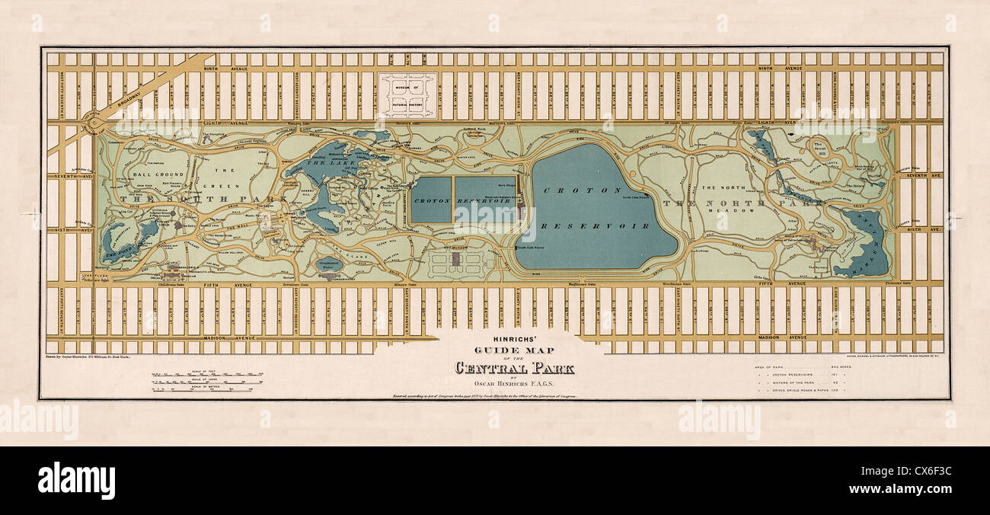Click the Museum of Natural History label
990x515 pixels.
(x=407, y=95)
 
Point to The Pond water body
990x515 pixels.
(x=120, y=242)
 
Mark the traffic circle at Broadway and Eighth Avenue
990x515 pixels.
(x=94, y=122)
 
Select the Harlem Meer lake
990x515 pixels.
(x=864, y=244)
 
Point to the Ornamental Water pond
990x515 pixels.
(x=329, y=264)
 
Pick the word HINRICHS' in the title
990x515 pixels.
(x=515, y=341)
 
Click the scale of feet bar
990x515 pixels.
(x=207, y=375)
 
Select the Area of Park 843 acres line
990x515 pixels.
(x=799, y=367)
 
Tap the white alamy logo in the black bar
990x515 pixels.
(x=76, y=481)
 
